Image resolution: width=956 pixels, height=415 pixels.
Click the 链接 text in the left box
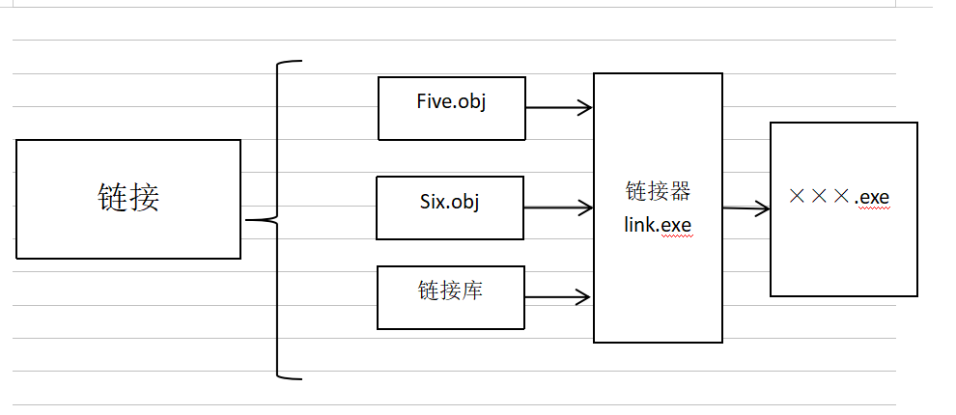(x=128, y=198)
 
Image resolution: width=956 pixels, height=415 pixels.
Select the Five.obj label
(x=451, y=101)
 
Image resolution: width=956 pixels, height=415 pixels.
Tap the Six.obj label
(x=450, y=202)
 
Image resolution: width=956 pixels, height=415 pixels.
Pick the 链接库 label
(x=450, y=290)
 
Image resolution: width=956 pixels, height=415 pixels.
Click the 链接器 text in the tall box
(x=658, y=192)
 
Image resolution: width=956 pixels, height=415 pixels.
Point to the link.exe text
(x=658, y=225)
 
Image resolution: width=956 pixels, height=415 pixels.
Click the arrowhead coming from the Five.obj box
(x=584, y=108)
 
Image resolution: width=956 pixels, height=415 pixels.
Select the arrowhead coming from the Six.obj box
(x=584, y=207)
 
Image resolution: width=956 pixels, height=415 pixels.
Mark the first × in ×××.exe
(x=797, y=197)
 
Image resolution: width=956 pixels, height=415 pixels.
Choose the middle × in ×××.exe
(x=819, y=197)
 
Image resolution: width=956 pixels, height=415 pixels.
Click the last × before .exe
(x=841, y=197)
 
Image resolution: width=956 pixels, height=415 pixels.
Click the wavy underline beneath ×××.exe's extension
(x=877, y=207)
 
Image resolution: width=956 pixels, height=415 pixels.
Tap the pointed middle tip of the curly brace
(x=249, y=220)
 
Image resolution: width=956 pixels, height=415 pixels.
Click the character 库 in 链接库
(x=471, y=290)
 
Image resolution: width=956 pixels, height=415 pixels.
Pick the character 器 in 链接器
(x=680, y=192)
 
